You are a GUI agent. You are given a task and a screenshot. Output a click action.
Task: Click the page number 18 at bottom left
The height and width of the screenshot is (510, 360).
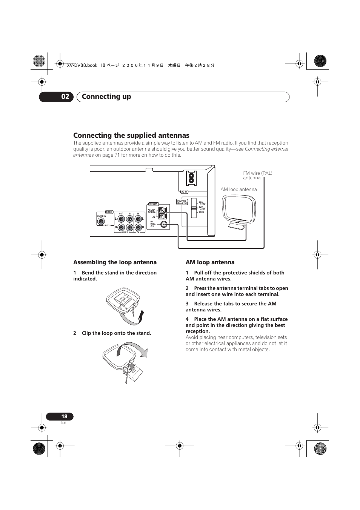64,416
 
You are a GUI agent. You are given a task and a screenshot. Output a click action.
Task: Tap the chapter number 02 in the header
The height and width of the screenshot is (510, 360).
65,97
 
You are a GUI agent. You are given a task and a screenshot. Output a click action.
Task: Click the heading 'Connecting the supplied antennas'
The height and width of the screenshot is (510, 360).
131,135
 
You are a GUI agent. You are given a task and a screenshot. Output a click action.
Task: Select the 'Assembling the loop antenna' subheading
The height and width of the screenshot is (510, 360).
115,262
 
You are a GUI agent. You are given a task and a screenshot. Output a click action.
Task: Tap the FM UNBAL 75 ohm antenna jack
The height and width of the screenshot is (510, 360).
164,224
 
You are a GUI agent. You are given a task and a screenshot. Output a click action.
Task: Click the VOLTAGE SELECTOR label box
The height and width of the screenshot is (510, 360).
182,202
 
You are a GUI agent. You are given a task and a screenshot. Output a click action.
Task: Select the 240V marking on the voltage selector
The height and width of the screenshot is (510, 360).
201,212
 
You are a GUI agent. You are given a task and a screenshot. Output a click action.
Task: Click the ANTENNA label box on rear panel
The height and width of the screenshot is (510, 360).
153,204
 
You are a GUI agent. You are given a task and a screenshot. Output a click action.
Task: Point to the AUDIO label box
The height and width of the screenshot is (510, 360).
109,212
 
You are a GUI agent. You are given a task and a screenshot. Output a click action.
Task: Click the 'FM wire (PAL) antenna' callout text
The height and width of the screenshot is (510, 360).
257,175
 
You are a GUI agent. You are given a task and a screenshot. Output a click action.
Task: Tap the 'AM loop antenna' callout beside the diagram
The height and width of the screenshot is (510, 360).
238,190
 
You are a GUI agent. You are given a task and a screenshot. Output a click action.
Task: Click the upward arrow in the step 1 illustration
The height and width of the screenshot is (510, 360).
141,316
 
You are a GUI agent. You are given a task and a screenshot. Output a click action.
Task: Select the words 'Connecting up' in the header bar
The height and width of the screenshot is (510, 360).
106,97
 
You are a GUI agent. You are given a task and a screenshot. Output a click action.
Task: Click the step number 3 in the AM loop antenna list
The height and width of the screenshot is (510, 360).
187,304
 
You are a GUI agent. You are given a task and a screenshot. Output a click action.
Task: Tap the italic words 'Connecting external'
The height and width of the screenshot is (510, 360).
266,149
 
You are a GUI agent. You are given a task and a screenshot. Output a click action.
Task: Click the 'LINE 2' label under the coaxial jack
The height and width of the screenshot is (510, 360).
106,225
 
